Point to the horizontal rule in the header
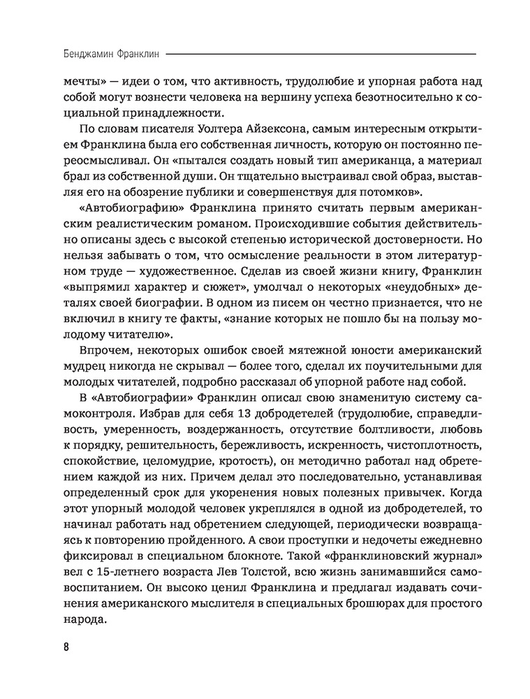[x=321, y=55]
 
